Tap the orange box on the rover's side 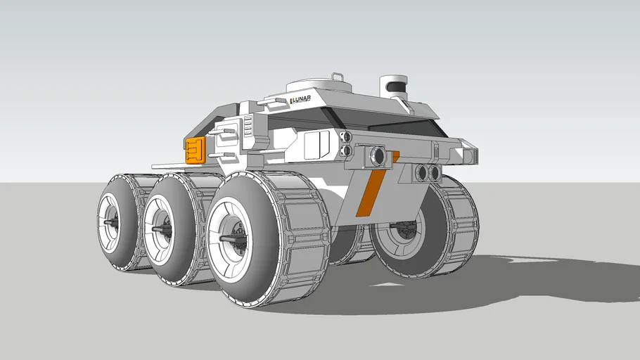pyautogui.click(x=195, y=150)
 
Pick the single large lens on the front pyautogui.click(x=378, y=156)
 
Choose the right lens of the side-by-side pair pyautogui.click(x=434, y=172)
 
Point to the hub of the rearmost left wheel pyautogui.click(x=111, y=222)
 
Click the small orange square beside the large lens pyautogui.click(x=395, y=155)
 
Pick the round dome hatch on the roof pyautogui.click(x=320, y=88)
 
